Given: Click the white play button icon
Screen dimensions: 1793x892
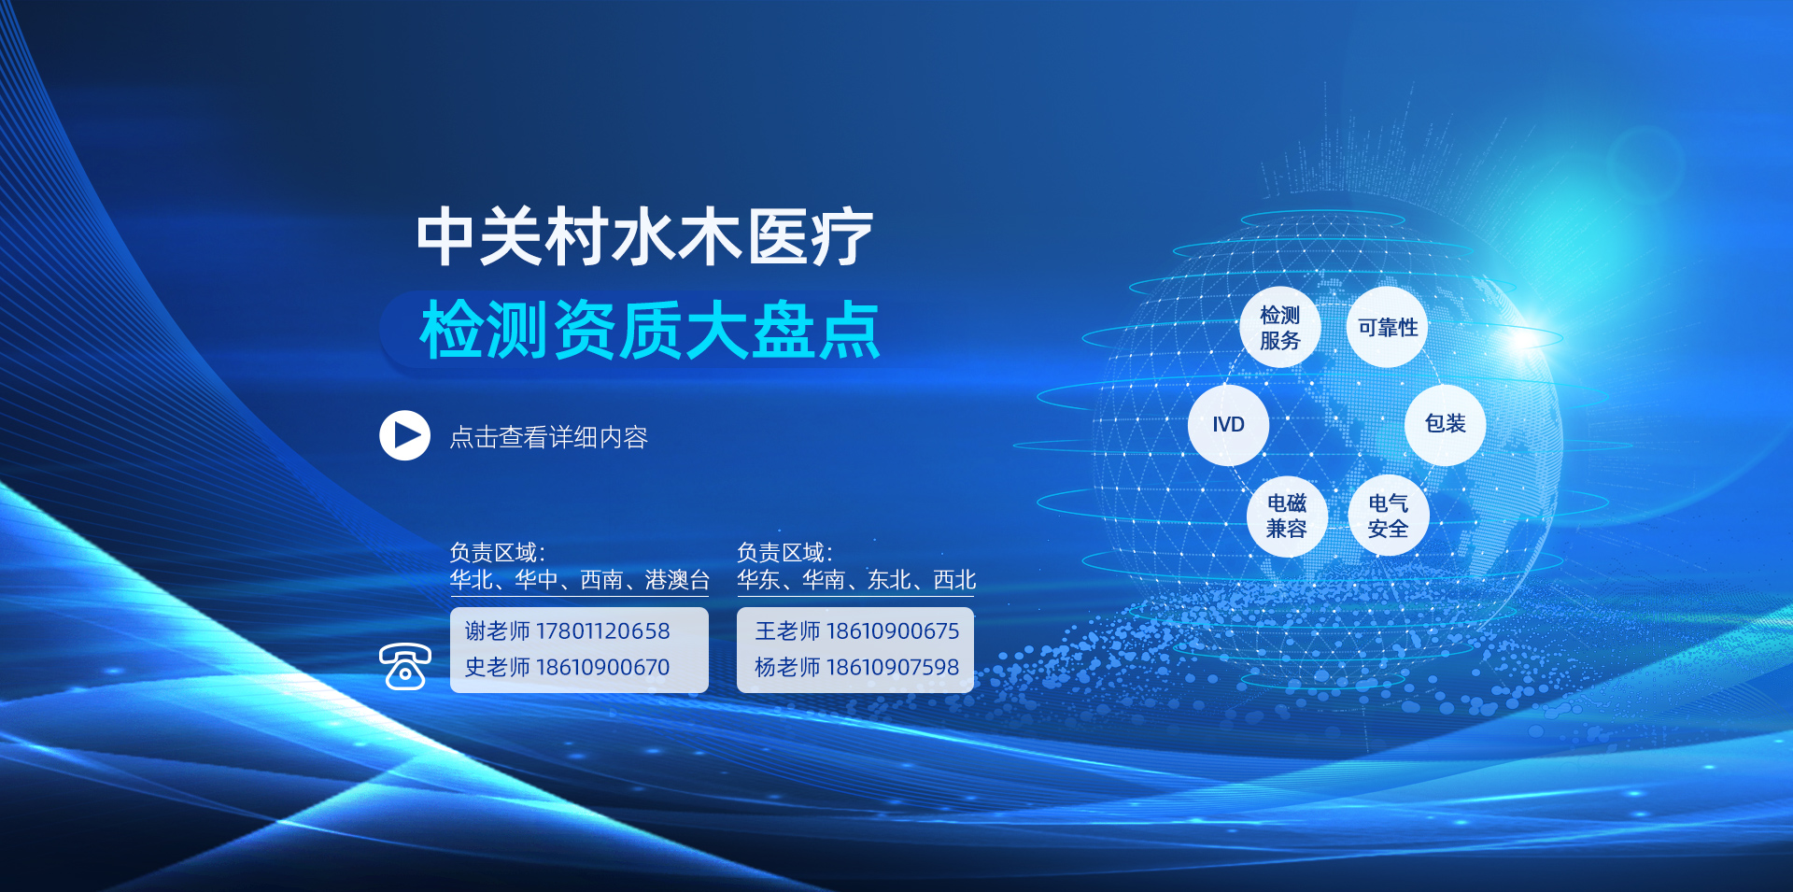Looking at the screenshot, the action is [404, 435].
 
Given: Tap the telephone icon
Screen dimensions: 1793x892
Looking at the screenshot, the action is [405, 666].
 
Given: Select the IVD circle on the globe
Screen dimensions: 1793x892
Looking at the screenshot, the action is [1228, 425].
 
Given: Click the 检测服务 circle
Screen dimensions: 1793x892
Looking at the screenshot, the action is [1279, 327].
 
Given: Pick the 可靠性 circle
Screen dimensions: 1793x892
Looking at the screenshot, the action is [1388, 327].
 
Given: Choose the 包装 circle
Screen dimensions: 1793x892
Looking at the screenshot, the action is [1445, 424].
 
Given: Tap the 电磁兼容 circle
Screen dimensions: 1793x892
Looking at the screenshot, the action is [1287, 517].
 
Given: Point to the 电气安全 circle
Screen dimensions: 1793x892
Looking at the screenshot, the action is [1388, 516].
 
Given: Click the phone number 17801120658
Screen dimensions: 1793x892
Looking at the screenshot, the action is [602, 631].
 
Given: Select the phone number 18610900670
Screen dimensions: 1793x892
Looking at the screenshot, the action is [602, 668].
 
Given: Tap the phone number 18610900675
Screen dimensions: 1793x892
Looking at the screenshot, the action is [893, 631].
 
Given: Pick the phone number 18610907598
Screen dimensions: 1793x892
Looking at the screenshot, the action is [893, 668].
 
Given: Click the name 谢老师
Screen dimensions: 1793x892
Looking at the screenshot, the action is [498, 631].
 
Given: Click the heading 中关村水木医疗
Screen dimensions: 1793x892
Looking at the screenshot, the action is [644, 237].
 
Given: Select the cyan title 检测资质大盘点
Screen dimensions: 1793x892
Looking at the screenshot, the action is [650, 330].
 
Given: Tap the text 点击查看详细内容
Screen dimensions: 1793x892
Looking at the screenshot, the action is [549, 437].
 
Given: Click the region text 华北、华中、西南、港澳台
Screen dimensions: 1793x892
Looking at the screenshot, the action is [580, 580].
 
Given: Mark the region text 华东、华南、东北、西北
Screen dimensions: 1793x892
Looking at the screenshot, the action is [856, 580].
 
